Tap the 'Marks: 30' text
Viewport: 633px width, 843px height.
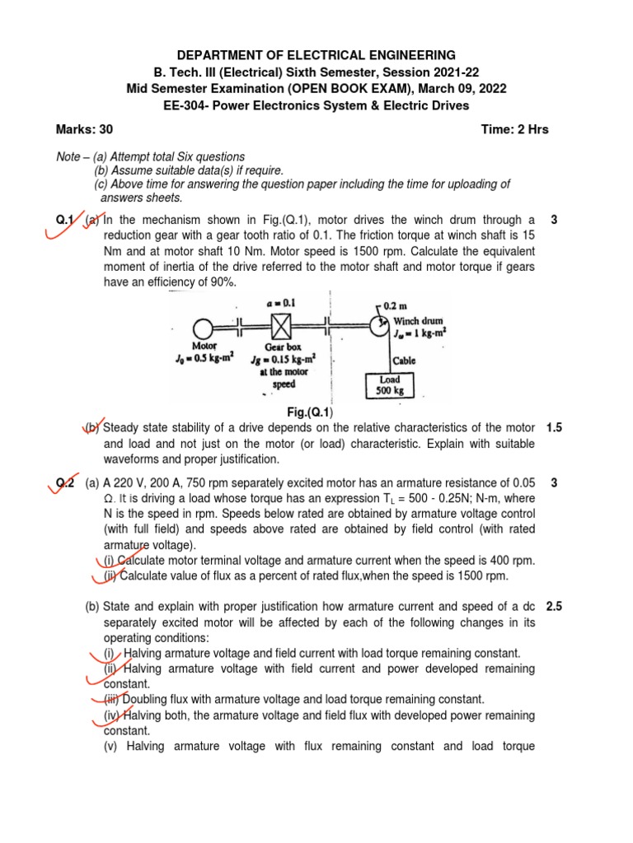84,129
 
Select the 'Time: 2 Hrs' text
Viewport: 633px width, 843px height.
514,129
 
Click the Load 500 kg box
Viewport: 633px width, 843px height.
390,384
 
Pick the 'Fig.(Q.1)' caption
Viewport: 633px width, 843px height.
316,412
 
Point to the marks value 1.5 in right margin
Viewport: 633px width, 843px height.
554,428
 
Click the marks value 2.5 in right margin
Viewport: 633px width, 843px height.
554,607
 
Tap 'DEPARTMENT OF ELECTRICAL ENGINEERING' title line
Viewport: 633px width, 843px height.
316,54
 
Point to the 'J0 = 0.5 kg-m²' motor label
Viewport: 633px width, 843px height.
204,357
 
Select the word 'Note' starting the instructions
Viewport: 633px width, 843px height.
69,156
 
